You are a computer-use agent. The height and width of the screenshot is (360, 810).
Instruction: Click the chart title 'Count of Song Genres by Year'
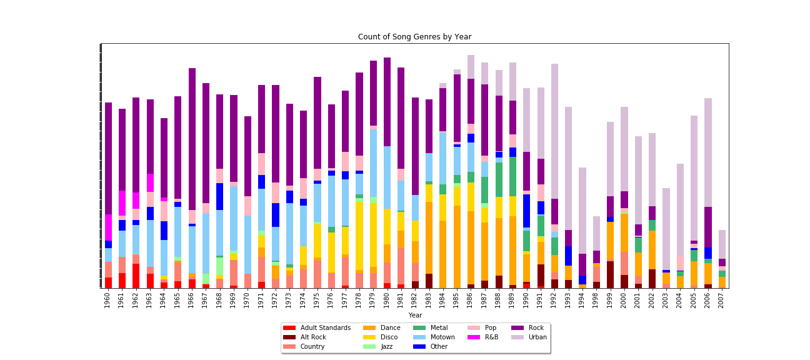pos(414,37)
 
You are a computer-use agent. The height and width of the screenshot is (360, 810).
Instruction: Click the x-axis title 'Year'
pos(415,316)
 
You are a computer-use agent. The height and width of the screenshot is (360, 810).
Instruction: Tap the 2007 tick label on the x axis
pos(722,301)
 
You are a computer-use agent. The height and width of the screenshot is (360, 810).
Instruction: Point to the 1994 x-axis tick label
pos(582,301)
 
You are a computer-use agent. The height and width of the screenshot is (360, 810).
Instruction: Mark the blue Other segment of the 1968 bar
pos(220,196)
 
